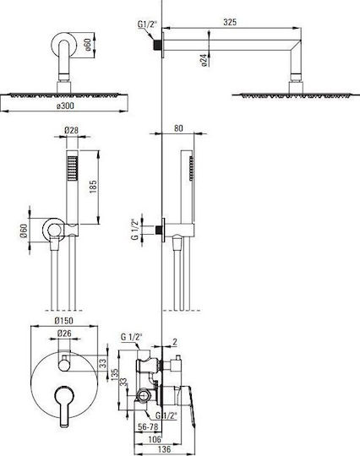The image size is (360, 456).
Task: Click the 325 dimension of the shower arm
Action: coord(230,22)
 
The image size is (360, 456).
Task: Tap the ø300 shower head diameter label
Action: coord(65,106)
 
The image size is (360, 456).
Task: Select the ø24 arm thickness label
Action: coord(205,60)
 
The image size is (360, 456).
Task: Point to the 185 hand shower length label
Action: coord(93,187)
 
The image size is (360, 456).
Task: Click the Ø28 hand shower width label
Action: coord(72,130)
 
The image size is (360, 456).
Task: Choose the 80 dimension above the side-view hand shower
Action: coord(178,128)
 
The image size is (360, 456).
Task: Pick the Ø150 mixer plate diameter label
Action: coord(64,321)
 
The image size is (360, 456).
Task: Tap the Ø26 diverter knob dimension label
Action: coord(64,334)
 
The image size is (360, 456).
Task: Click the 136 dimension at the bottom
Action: coord(164,448)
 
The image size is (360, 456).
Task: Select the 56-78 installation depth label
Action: coord(148,427)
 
